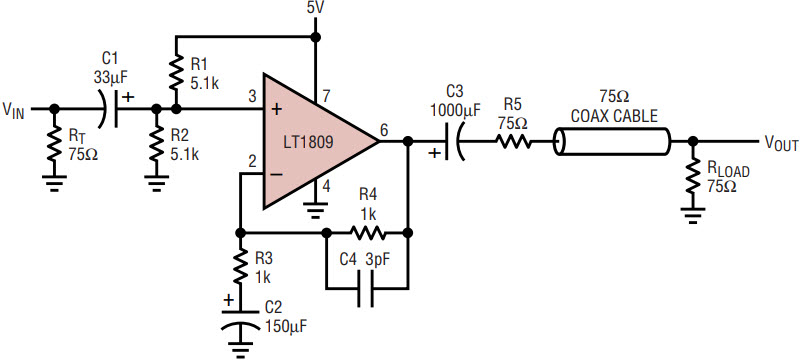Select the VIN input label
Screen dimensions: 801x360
(13, 110)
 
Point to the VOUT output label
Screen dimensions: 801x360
(781, 144)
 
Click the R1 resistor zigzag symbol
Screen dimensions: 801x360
(175, 72)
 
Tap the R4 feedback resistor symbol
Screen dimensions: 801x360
(367, 233)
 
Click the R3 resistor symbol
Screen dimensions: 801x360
(240, 267)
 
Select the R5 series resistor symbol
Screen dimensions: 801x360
(513, 141)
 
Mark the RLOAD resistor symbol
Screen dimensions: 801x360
(693, 175)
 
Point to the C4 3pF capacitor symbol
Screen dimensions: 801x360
(367, 289)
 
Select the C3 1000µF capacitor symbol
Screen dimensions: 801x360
(453, 142)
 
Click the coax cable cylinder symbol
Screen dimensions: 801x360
(611, 141)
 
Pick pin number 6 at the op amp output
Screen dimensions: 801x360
(384, 131)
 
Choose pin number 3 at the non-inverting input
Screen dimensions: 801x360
(253, 97)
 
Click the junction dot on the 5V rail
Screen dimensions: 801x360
(316, 37)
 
